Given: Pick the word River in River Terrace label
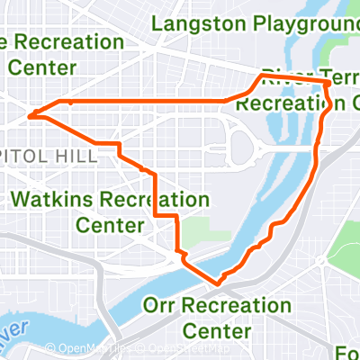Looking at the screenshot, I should (281, 77).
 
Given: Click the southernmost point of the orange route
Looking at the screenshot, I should (217, 284).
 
